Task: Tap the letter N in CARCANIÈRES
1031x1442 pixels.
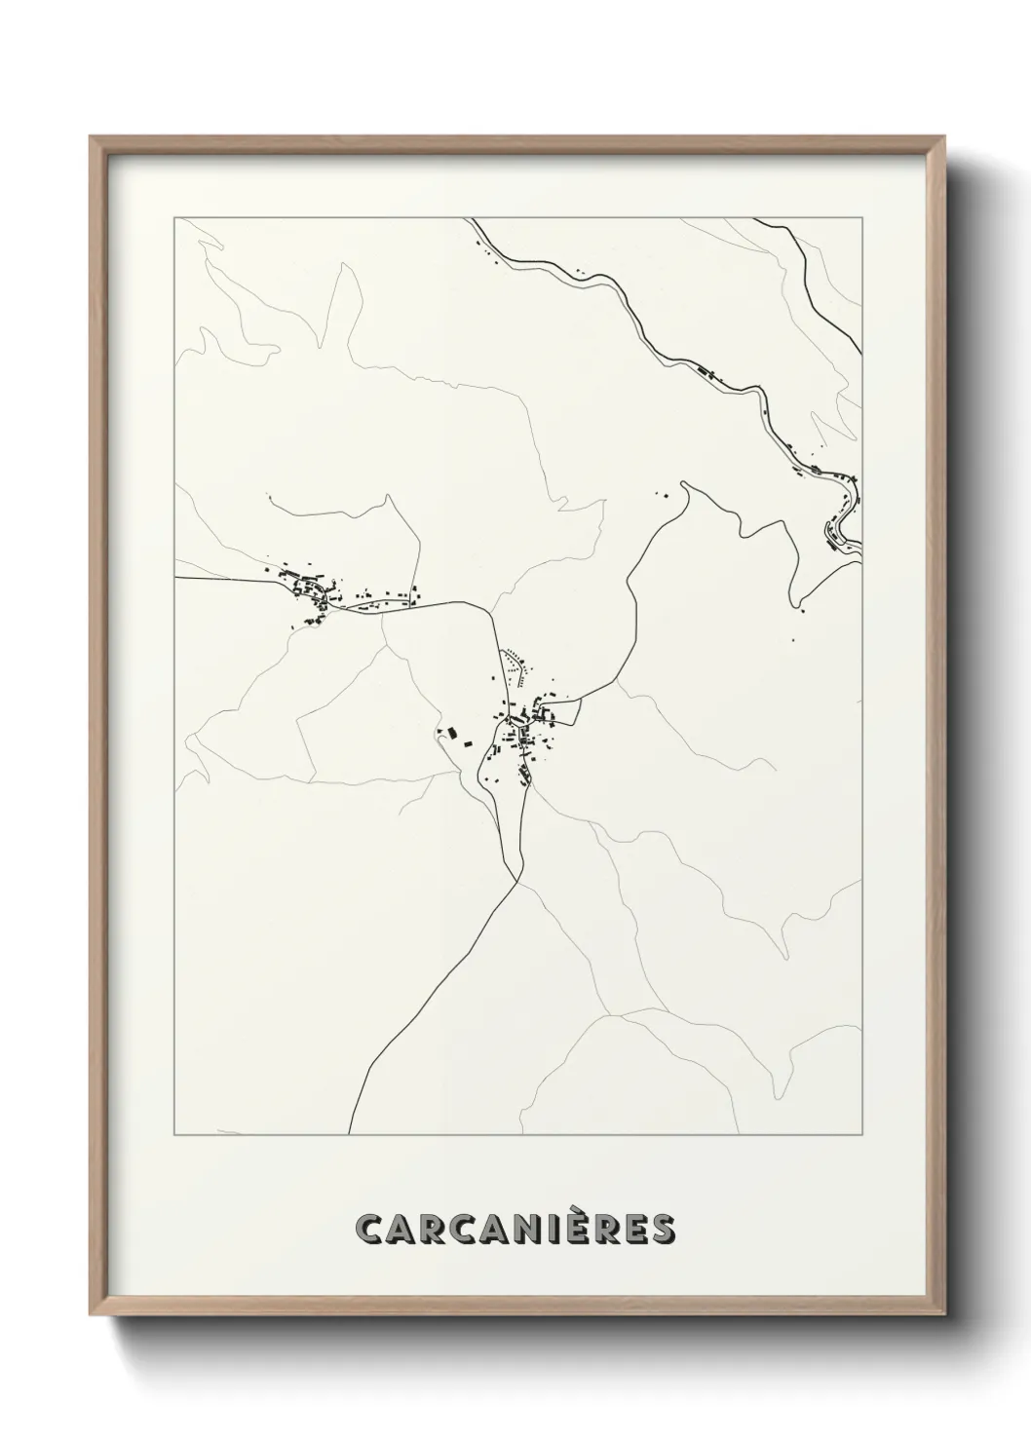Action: (523, 1230)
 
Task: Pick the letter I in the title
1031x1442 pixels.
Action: (551, 1230)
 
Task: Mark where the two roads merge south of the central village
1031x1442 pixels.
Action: (518, 880)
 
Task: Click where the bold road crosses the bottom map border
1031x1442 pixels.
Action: (350, 1134)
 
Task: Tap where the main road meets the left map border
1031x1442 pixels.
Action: (175, 578)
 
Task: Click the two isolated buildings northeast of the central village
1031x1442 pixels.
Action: (662, 494)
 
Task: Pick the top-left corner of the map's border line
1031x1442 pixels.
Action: (174, 218)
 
